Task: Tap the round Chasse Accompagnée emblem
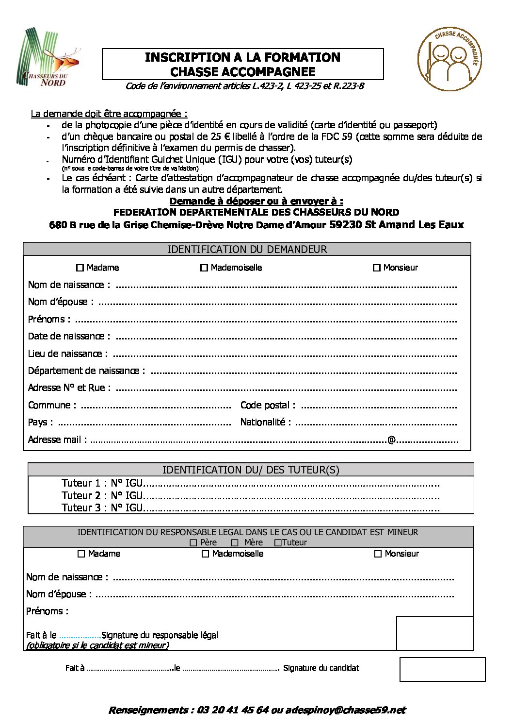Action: [449, 59]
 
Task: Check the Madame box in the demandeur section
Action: [80, 268]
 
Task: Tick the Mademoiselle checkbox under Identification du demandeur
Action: [204, 268]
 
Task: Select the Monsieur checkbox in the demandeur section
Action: [376, 268]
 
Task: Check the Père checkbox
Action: [193, 542]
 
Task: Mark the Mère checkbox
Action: [235, 542]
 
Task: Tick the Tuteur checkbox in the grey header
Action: [278, 542]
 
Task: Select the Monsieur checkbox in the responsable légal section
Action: [378, 554]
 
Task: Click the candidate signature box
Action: [442, 669]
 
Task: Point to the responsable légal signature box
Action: [434, 633]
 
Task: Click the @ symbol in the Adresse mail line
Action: [391, 440]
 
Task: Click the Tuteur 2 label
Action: [81, 495]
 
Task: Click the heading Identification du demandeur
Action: [247, 249]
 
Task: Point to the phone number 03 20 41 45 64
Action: [233, 710]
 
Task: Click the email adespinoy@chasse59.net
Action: [345, 710]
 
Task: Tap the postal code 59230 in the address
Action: [345, 224]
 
